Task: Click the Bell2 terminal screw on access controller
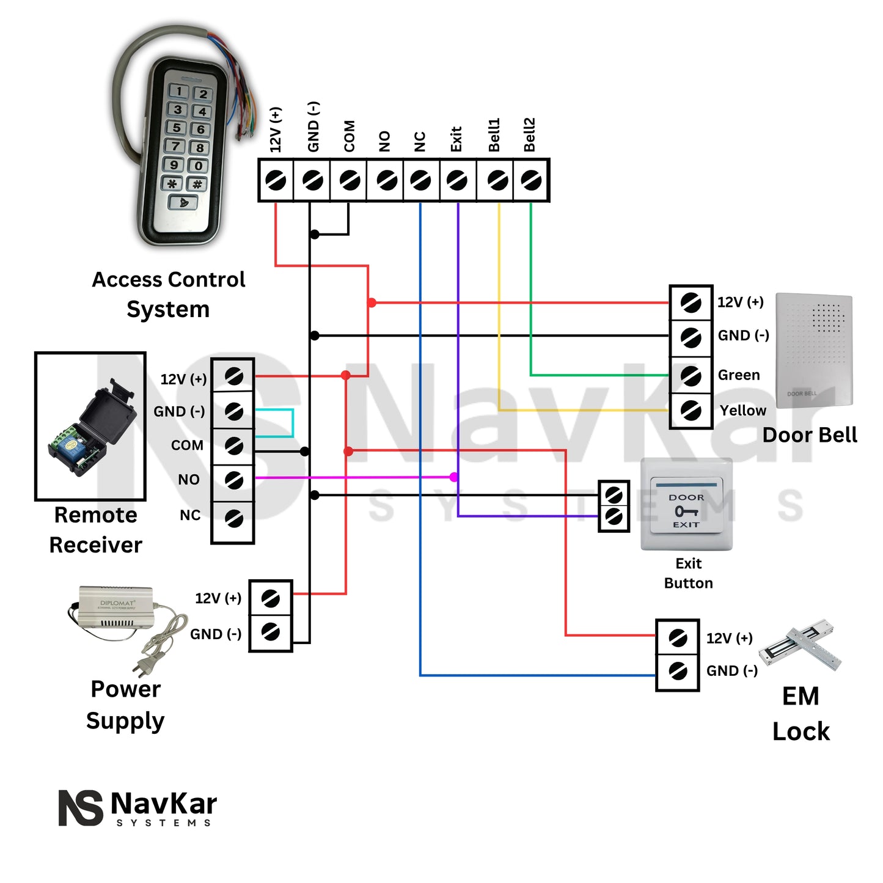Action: pos(531,180)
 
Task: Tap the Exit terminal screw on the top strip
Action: pos(457,180)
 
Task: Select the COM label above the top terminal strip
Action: pos(349,136)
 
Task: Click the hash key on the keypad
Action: pos(197,184)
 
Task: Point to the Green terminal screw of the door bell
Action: pos(691,375)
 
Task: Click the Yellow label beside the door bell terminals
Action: pos(742,411)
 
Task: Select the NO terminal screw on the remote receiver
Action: pos(233,480)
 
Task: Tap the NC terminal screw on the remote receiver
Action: pos(233,518)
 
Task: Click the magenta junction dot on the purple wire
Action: pos(454,477)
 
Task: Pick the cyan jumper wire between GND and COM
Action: pos(293,423)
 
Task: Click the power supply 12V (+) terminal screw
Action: pos(270,598)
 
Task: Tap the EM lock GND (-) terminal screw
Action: pos(677,671)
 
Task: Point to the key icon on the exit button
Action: pos(686,511)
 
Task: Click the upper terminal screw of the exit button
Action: pos(614,494)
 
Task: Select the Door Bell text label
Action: pos(810,435)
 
